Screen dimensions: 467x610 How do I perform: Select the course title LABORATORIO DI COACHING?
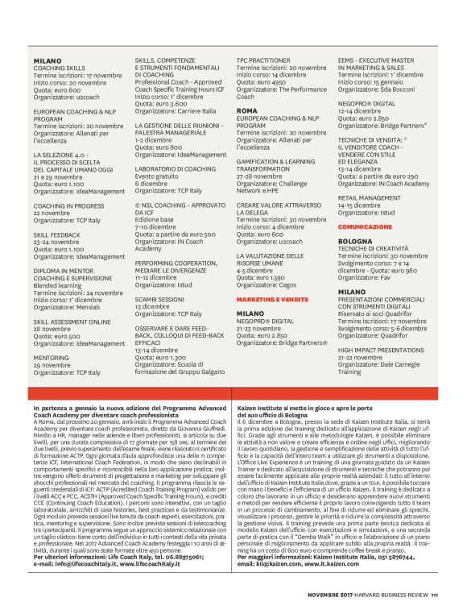click(x=175, y=168)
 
